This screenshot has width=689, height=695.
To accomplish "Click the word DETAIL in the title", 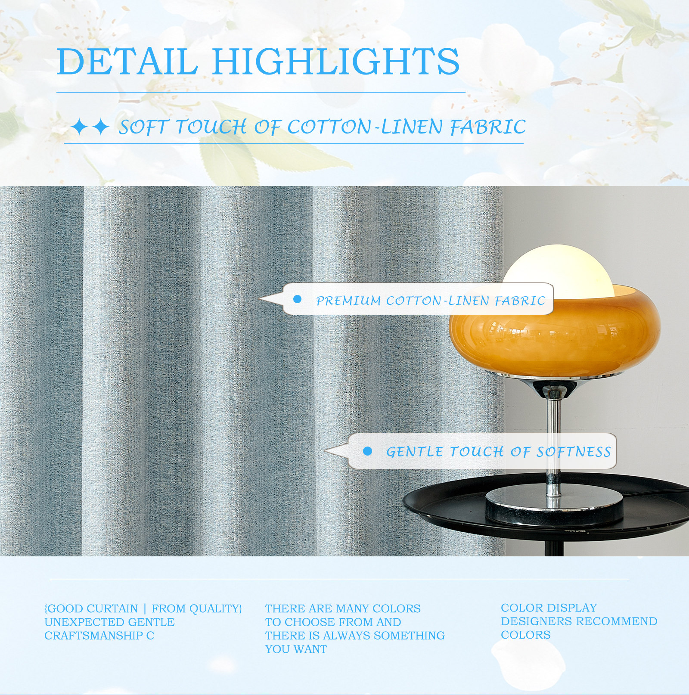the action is pos(127,61).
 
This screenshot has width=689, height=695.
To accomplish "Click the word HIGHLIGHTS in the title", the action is pos(336,61).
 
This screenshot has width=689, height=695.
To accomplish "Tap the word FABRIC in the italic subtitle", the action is pos(488,127).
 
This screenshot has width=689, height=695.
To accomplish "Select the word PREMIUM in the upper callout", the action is pos(349,301).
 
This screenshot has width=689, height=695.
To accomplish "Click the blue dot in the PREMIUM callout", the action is pos(297,299).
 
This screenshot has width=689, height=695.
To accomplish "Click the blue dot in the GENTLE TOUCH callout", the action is pos(367,451).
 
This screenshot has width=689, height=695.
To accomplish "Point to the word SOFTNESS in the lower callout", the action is pos(574,452).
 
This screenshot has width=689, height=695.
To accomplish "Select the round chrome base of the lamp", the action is pos(554,508).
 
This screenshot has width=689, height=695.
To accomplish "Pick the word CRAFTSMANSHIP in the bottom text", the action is pos(94,636).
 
